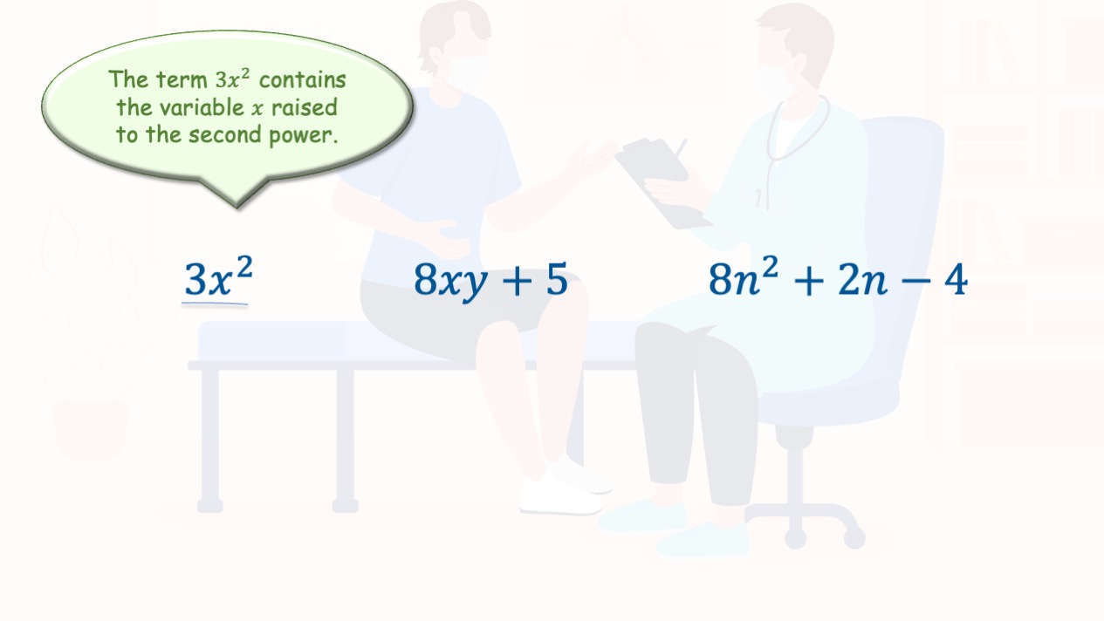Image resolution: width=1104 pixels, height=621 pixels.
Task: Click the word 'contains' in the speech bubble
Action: (303, 80)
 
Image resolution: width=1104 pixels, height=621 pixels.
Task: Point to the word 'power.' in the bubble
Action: (303, 136)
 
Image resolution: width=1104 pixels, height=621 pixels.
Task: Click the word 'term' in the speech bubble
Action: (182, 80)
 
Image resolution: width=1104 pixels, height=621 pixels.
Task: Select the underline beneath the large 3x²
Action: (215, 304)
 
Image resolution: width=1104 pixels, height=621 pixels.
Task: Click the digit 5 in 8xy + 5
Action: (557, 279)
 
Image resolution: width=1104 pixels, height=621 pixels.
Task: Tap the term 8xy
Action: (450, 281)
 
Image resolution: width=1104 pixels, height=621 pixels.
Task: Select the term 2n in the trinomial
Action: (862, 280)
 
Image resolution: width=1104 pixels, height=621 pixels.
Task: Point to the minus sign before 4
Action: (916, 282)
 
